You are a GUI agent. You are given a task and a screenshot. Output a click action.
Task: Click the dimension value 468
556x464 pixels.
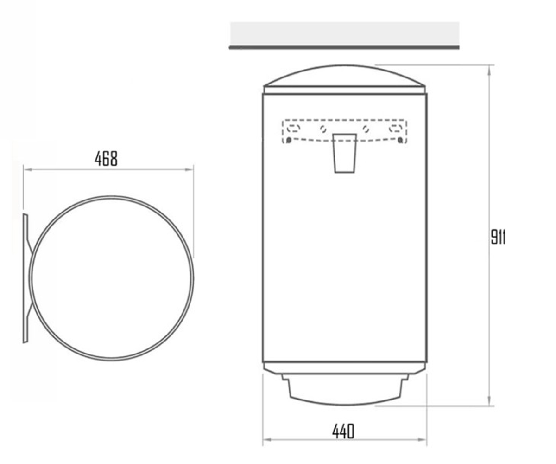point(106,159)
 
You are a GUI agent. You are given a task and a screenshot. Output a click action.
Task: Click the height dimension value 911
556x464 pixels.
point(498,237)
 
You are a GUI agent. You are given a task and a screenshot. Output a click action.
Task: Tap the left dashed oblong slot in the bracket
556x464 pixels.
point(293,128)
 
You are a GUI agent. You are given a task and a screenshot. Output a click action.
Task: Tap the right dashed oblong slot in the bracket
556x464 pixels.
point(396,128)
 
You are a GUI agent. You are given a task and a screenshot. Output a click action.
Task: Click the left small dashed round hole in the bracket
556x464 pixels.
point(323,129)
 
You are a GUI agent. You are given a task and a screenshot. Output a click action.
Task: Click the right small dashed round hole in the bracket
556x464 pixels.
point(366,129)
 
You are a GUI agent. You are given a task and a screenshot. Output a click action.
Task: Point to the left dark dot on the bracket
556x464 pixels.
point(288,140)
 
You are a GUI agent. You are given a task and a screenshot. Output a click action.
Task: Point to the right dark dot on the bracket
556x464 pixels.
point(400,140)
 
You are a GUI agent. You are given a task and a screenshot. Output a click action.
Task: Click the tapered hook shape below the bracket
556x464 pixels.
point(345,153)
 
